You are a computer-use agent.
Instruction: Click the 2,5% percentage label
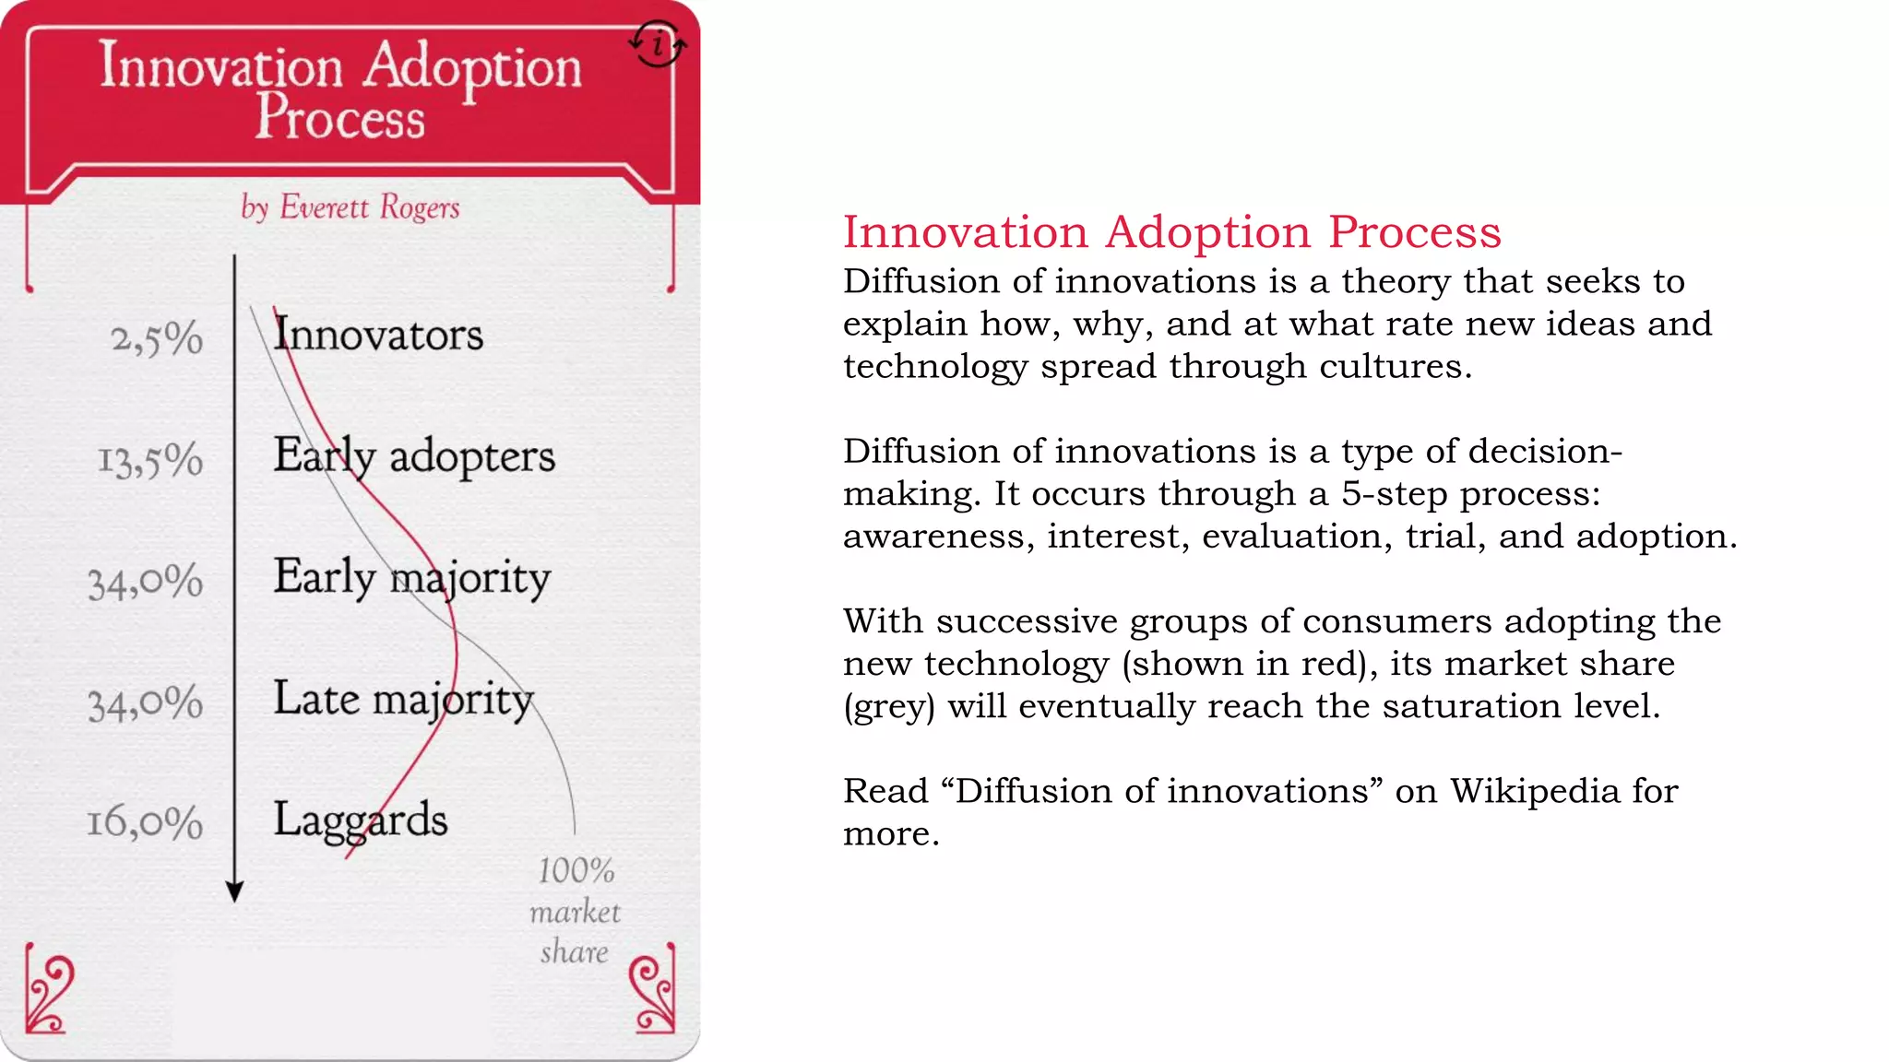tap(157, 338)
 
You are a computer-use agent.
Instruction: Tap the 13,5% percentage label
tap(150, 460)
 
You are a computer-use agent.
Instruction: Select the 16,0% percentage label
tap(145, 821)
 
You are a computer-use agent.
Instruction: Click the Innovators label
tap(378, 334)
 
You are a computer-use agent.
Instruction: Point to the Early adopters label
tap(414, 456)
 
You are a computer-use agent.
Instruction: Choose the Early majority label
tap(411, 578)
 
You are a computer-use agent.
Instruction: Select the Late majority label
tap(403, 699)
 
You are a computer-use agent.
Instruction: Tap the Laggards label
tap(360, 820)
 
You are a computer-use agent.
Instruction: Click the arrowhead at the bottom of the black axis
tap(234, 891)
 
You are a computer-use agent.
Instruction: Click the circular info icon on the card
tap(658, 43)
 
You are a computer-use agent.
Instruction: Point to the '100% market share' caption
tap(575, 911)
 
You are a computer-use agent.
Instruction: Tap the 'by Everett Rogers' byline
tap(350, 207)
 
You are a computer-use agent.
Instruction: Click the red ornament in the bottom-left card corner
tap(47, 994)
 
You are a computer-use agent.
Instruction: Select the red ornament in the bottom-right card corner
tap(652, 994)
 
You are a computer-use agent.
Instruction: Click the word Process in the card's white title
tap(339, 118)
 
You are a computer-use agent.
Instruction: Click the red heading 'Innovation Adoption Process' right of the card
tap(1171, 231)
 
